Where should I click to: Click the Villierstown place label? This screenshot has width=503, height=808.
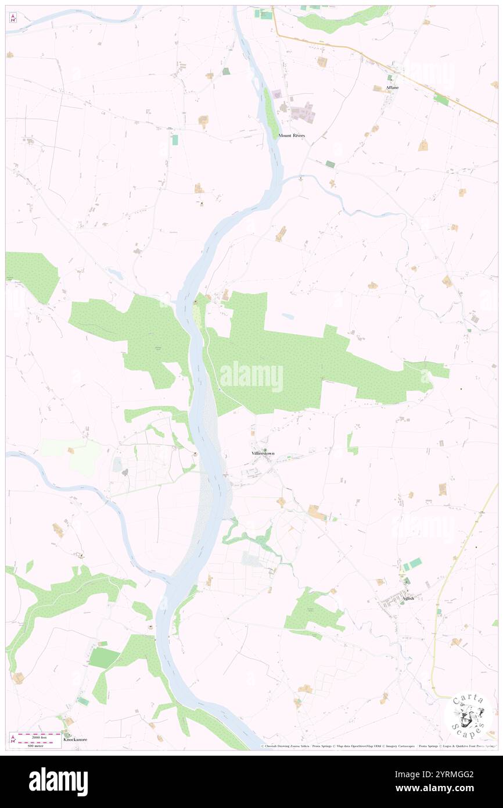[263, 453]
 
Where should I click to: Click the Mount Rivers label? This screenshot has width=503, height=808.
[292, 135]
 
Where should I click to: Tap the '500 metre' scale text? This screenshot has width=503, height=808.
[39, 745]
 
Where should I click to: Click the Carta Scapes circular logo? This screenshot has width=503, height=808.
[468, 716]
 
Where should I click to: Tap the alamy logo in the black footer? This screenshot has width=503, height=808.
[58, 781]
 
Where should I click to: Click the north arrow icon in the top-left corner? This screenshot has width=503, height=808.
[13, 18]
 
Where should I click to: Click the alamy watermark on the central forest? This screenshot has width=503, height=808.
[251, 377]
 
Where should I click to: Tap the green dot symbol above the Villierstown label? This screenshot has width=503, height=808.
[265, 448]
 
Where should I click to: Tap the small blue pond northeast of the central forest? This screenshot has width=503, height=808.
[288, 316]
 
